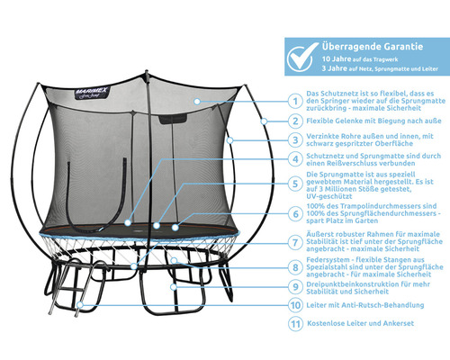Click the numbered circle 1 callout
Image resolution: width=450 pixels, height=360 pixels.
click(x=295, y=101)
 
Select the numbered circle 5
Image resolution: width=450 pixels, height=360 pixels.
click(x=295, y=184)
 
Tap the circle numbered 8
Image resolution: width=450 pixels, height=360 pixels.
click(x=295, y=267)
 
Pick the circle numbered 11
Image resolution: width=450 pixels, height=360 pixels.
click(x=295, y=324)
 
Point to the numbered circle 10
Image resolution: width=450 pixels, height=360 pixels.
click(x=295, y=305)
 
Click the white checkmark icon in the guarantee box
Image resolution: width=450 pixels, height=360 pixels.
click(x=302, y=57)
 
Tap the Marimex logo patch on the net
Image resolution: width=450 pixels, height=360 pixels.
click(x=91, y=93)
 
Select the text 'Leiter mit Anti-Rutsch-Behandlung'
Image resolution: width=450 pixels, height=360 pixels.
click(x=365, y=305)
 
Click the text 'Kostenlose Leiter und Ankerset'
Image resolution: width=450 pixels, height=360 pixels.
click(x=361, y=323)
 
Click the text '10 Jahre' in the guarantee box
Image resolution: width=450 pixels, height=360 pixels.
click(x=337, y=58)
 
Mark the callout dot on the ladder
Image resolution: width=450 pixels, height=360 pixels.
click(x=79, y=305)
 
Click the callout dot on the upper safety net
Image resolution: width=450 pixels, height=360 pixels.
click(x=197, y=102)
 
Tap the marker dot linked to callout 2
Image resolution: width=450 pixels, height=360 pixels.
click(x=264, y=121)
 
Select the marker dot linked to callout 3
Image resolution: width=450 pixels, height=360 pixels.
click(x=229, y=140)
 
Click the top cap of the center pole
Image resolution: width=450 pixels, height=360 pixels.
click(x=147, y=72)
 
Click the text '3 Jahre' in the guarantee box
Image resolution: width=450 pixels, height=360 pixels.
click(x=335, y=68)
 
